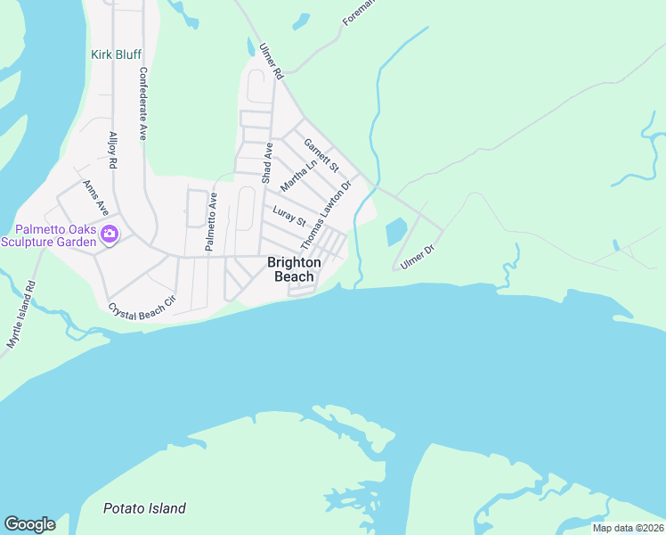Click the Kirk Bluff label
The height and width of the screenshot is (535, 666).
click(x=116, y=54)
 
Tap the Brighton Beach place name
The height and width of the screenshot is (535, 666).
click(x=295, y=269)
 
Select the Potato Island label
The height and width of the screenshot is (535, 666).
click(x=144, y=508)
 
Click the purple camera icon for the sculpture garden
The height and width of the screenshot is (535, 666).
click(x=110, y=235)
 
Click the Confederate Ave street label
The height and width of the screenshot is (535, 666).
click(x=142, y=103)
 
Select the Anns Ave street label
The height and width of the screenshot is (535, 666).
click(x=95, y=197)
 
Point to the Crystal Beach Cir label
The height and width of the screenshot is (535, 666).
click(x=142, y=305)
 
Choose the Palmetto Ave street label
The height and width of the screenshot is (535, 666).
click(x=212, y=222)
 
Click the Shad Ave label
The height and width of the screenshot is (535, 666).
click(x=266, y=163)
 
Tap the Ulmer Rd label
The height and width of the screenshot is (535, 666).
click(x=271, y=62)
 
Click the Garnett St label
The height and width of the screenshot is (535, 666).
click(x=321, y=154)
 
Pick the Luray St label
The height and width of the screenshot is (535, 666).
click(x=289, y=217)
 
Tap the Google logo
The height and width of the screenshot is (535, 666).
click(x=29, y=524)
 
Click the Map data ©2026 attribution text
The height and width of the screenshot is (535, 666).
click(x=628, y=528)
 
